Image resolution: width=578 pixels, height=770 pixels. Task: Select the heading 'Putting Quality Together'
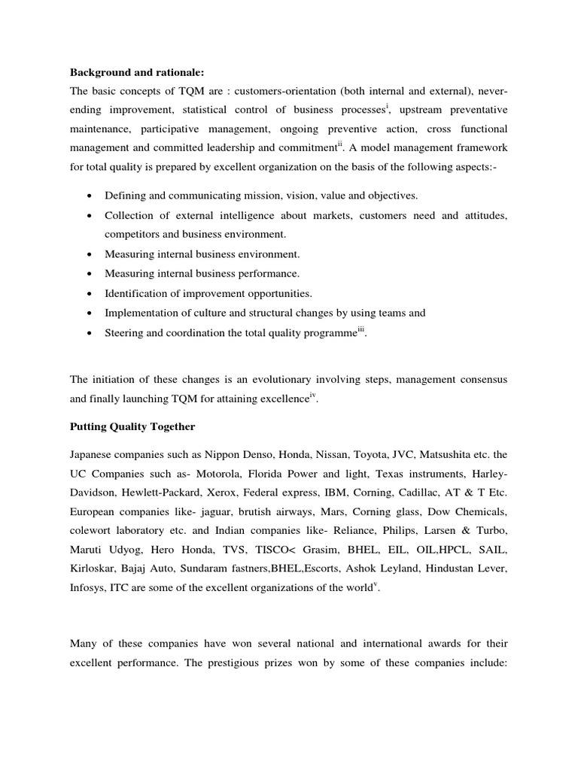132,426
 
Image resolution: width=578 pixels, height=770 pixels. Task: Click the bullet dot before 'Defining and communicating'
90,196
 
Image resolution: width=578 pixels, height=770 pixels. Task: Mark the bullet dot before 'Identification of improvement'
90,293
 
